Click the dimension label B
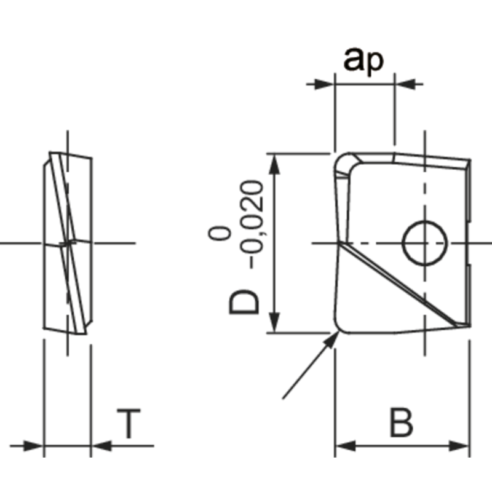(x=400, y=424)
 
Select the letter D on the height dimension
(x=245, y=303)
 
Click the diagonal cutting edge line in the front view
(x=400, y=283)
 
